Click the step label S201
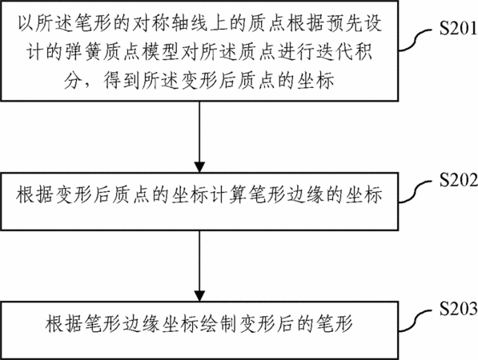pyautogui.click(x=458, y=29)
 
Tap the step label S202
pyautogui.click(x=458, y=180)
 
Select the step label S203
pyautogui.click(x=458, y=309)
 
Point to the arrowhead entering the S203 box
pyautogui.click(x=199, y=296)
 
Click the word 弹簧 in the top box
pyautogui.click(x=81, y=51)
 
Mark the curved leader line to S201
pyautogui.click(x=415, y=40)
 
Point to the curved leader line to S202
pyautogui.click(x=415, y=191)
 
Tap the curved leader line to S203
pyautogui.click(x=415, y=320)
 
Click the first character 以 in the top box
pyautogui.click(x=26, y=23)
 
